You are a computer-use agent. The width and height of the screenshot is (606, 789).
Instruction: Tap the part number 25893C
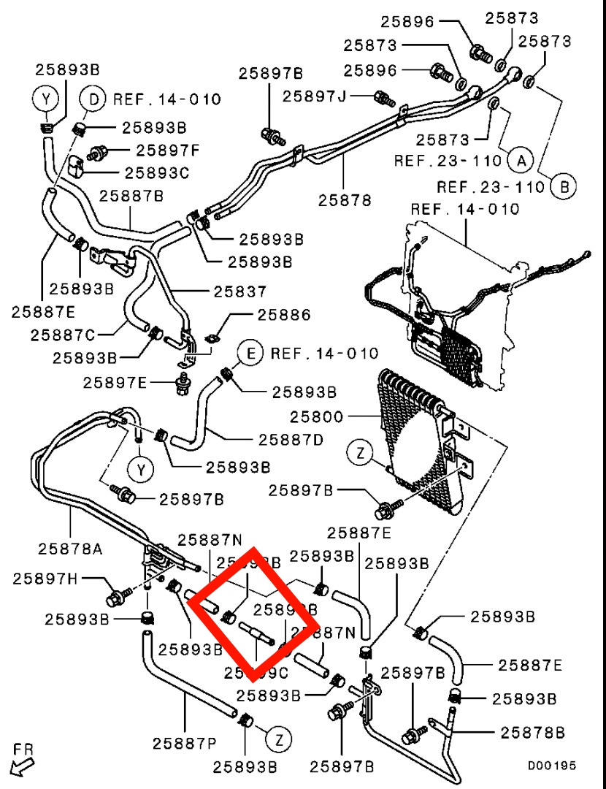(156, 173)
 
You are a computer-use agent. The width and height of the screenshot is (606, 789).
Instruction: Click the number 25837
(240, 291)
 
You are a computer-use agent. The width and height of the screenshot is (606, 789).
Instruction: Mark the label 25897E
(115, 382)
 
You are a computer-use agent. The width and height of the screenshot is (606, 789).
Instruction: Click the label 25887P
(185, 744)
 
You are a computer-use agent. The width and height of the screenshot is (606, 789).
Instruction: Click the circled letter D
(93, 98)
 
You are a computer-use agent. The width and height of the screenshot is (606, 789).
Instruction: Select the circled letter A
(521, 159)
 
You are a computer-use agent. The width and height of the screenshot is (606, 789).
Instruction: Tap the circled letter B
(563, 186)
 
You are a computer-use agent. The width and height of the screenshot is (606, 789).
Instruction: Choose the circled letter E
(250, 354)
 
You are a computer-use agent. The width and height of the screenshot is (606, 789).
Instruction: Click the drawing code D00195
(553, 766)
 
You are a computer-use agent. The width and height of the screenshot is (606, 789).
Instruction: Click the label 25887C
(63, 335)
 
